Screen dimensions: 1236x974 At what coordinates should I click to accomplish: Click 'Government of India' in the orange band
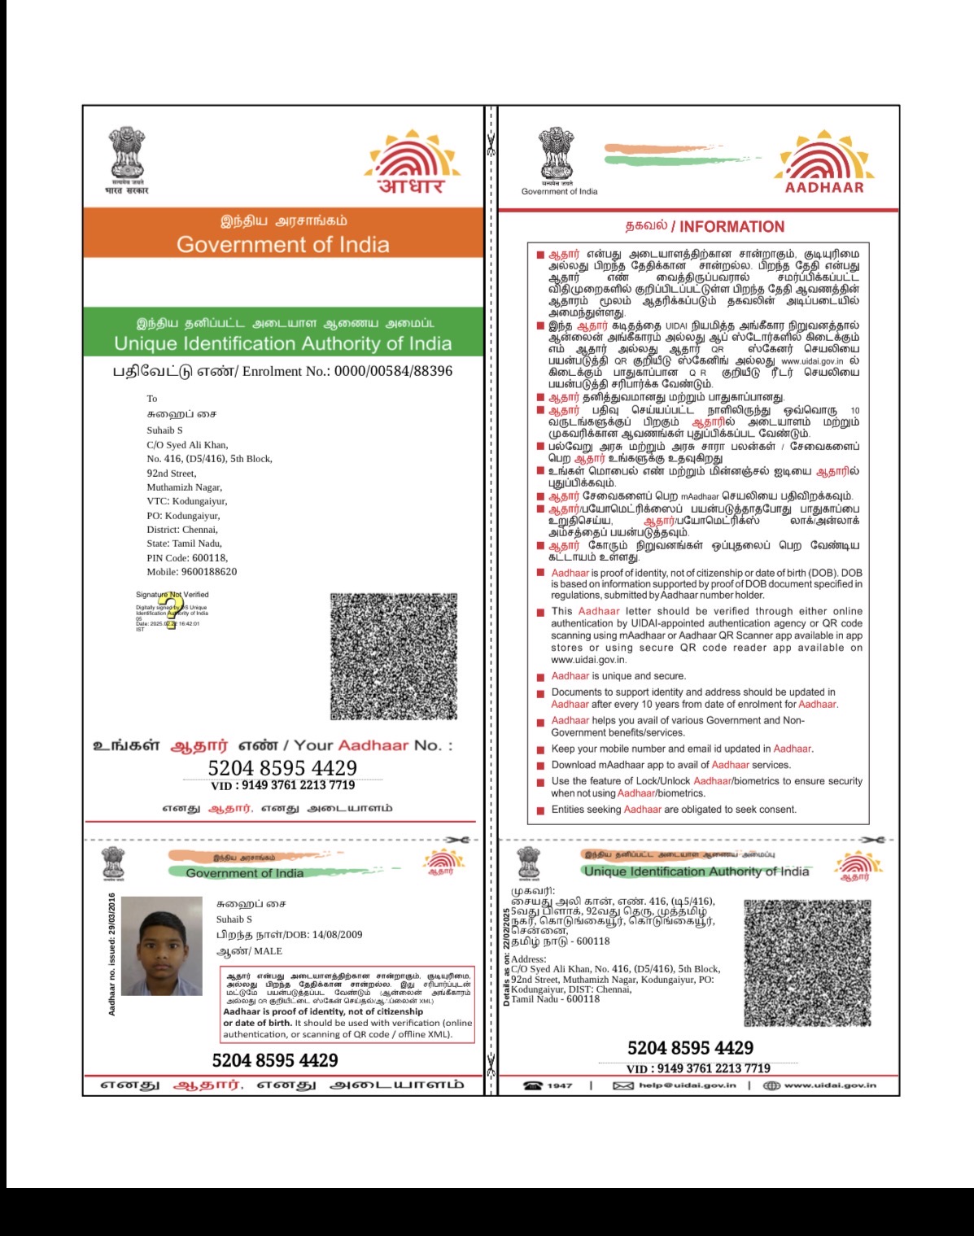click(x=282, y=245)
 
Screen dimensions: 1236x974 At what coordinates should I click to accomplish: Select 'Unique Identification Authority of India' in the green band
click(x=282, y=343)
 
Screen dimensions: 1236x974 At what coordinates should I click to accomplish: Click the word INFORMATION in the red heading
click(x=732, y=227)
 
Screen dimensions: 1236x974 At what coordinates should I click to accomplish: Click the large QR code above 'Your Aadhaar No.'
click(x=393, y=656)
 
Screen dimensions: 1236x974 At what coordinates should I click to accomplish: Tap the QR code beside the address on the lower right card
click(x=807, y=963)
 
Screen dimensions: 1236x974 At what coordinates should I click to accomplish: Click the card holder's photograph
click(x=161, y=946)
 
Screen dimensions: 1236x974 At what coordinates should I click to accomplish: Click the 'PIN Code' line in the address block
click(x=186, y=558)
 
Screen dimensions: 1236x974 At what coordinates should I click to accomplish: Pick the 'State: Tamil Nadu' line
click(x=184, y=544)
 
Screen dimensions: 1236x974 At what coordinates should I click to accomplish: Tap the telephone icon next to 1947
click(x=533, y=1085)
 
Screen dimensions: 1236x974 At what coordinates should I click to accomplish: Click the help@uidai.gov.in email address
click(x=687, y=1085)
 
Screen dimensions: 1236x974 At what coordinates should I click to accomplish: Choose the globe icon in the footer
click(x=771, y=1085)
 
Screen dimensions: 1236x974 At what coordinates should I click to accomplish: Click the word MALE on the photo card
click(x=268, y=950)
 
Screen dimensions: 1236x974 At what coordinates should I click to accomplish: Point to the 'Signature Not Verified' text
click(x=172, y=595)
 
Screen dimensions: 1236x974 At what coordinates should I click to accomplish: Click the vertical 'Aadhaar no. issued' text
click(x=112, y=954)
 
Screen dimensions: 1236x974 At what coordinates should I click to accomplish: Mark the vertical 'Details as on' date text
click(x=506, y=959)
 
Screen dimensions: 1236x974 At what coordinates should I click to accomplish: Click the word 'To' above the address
click(x=152, y=399)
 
